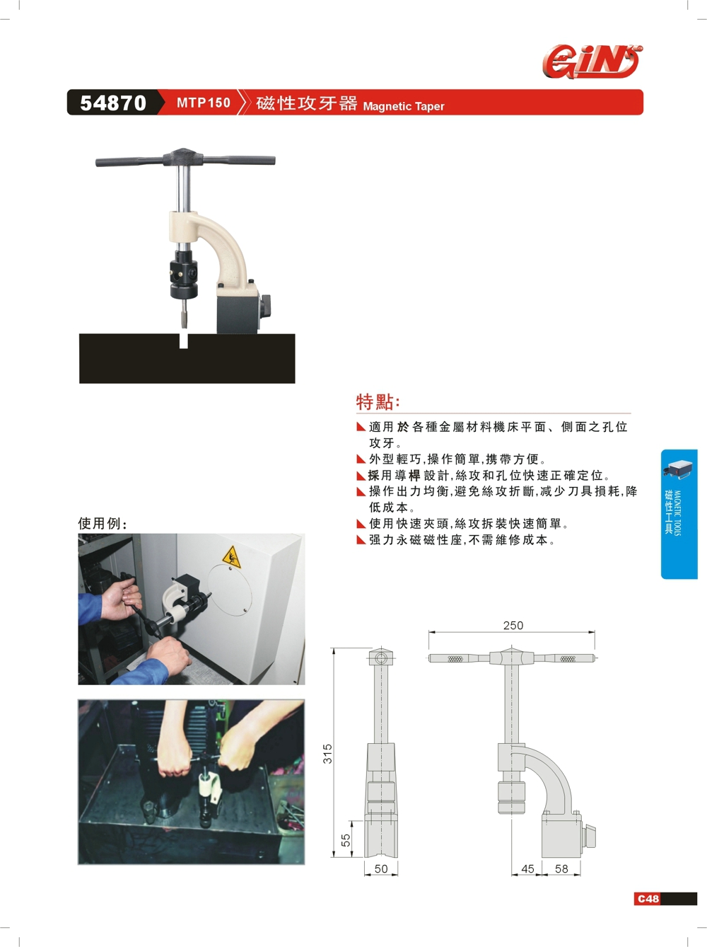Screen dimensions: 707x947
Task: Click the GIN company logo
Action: point(592,62)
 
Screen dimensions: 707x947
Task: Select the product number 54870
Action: point(113,103)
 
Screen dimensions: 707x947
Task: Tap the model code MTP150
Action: point(204,103)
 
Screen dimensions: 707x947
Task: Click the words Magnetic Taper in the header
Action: point(403,106)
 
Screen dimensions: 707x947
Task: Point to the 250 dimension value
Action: point(513,625)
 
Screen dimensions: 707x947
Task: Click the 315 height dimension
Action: point(328,753)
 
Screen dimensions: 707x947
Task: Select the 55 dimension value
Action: point(346,839)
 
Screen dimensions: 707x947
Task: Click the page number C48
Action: point(648,899)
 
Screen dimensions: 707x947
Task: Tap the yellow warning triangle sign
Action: point(231,558)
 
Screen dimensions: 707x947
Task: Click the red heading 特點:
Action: point(378,402)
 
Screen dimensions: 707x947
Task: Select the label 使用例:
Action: point(103,523)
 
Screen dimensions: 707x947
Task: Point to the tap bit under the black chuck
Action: point(185,313)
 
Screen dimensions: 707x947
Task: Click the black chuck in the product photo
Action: point(184,274)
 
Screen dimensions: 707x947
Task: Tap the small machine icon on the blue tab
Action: point(678,469)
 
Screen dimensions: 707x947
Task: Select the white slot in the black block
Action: point(184,341)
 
